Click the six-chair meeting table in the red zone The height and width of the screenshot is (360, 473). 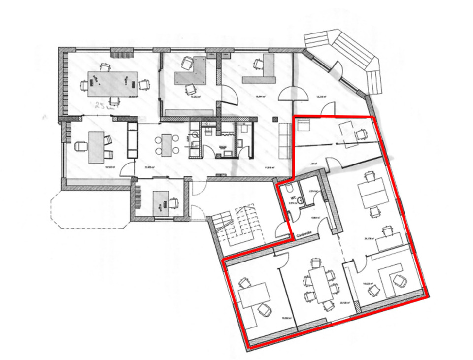[320, 285]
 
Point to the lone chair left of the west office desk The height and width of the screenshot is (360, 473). [79, 146]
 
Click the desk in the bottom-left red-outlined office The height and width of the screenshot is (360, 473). [254, 295]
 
